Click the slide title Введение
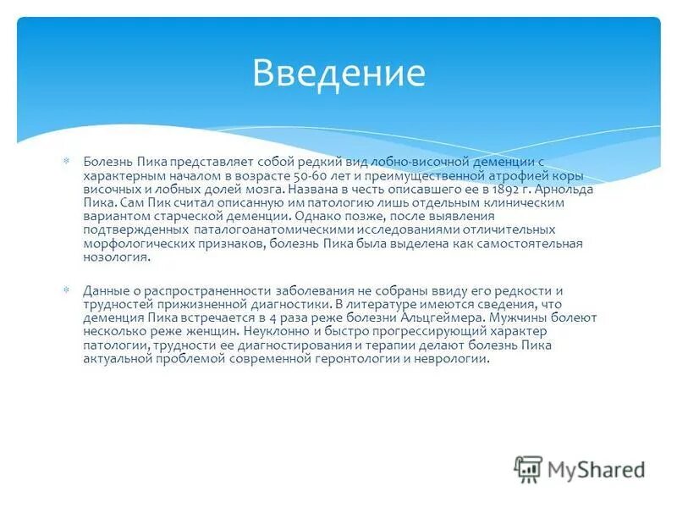coord(338,73)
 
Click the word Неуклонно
coord(278,331)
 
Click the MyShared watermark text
coord(595,469)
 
